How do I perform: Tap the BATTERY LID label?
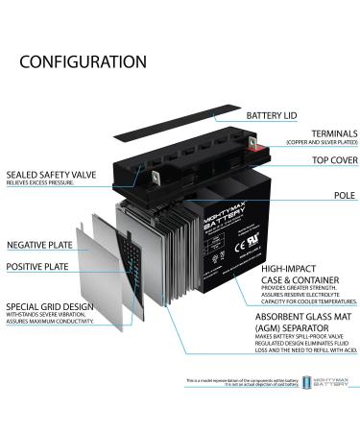279,116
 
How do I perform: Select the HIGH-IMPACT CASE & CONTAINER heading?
293,276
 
